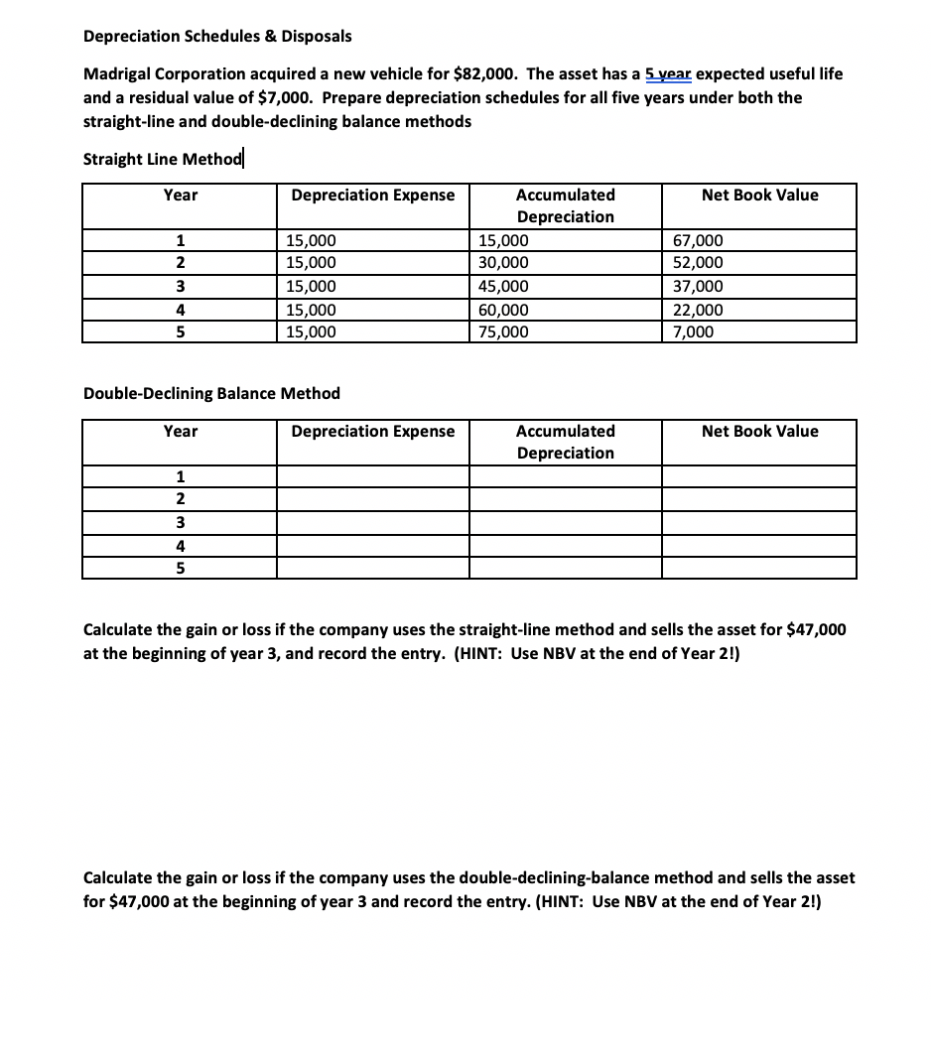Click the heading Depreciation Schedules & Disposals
pos(216,36)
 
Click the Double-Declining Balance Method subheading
pos(211,393)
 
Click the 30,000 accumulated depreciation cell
pos(504,263)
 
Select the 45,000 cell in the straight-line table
pos(504,287)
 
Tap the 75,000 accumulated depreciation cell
pos(504,332)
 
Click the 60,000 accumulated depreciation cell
pos(504,310)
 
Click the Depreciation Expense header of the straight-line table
pos(372,196)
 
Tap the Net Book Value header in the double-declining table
pos(759,431)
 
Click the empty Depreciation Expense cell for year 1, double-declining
pos(372,476)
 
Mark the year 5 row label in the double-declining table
pos(180,568)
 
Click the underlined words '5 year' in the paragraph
pos(672,74)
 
